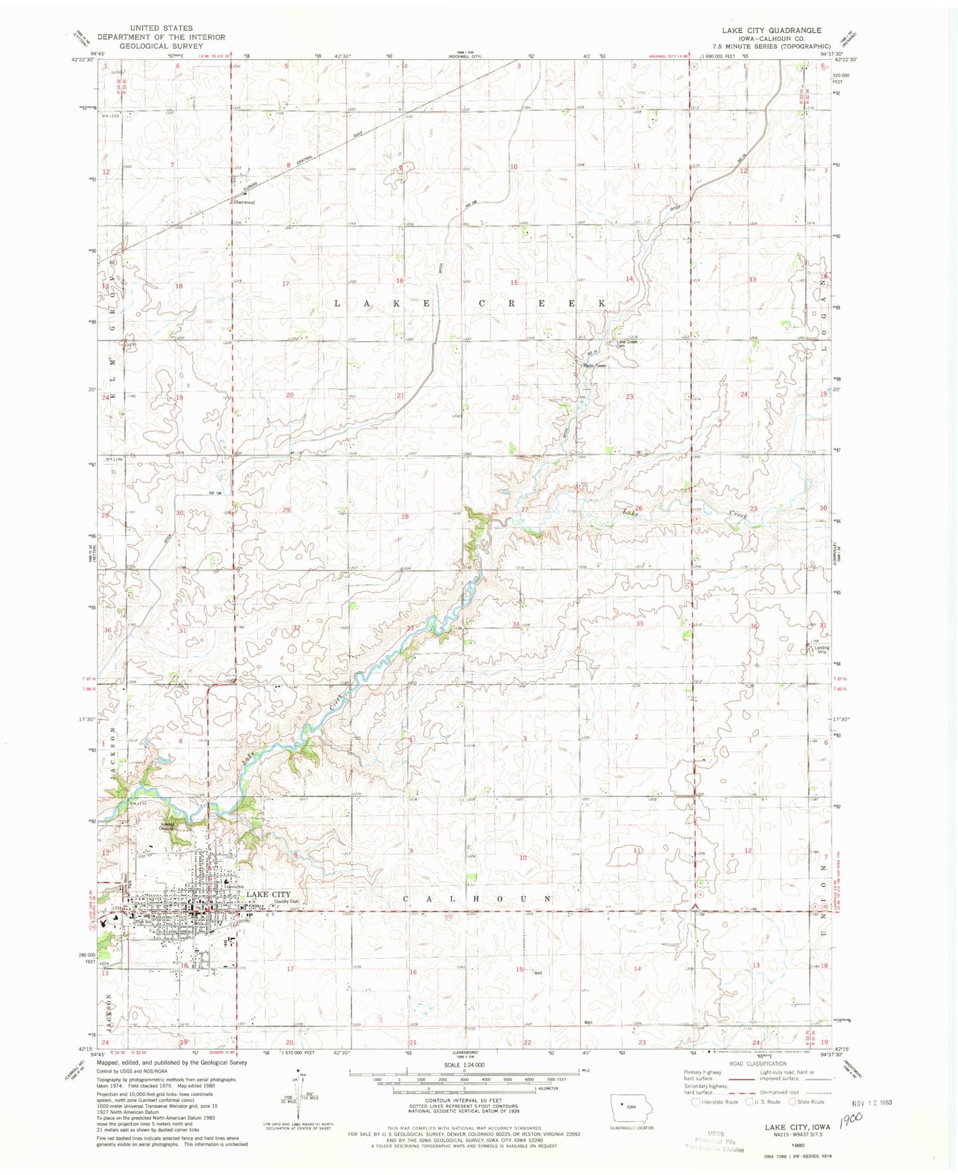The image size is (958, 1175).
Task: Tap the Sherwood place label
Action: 243,202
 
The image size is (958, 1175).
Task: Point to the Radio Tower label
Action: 595,366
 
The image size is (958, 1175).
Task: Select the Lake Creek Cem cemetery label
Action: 627,344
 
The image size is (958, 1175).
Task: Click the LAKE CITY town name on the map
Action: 269,894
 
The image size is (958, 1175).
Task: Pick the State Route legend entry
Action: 805,1102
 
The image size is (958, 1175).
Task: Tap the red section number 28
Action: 404,516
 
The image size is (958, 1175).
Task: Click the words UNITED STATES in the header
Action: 161,28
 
